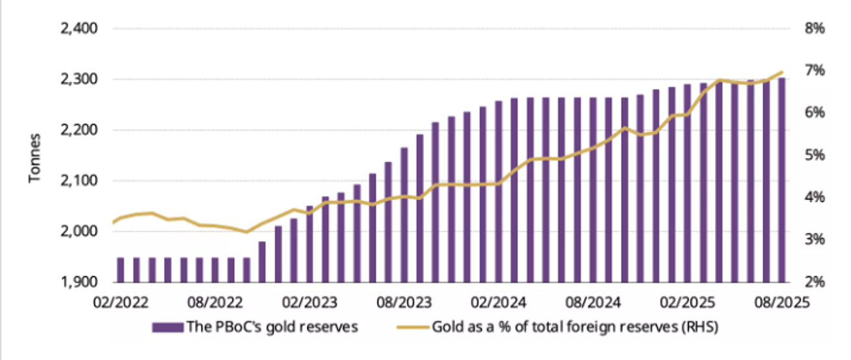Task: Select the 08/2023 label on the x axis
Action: [x=402, y=302]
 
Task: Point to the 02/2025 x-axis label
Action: [x=684, y=302]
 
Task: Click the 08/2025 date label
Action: [x=779, y=302]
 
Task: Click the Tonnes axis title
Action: [x=36, y=156]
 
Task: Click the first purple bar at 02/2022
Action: [x=120, y=270]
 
